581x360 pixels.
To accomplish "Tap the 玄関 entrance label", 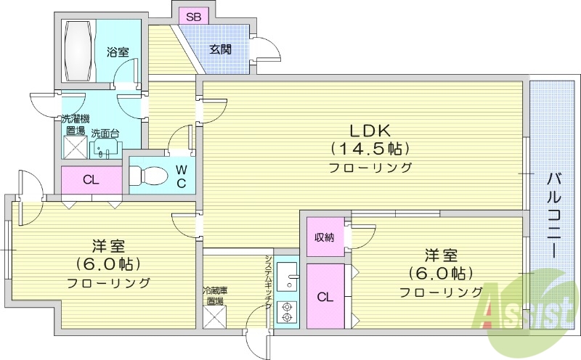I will point(221,50).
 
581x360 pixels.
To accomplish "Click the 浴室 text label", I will point(118,52).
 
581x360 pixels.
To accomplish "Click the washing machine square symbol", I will point(76,148).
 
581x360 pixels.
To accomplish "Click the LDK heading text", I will point(370,131).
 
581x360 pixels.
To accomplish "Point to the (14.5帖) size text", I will point(370,149).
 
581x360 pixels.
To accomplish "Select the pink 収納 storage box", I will point(324,237).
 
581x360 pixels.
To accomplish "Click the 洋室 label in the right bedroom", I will point(442,255).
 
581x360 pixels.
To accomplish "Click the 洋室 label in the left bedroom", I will point(108,245).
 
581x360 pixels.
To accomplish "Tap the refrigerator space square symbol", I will point(215,317).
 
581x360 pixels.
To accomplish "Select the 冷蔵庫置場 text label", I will point(215,295).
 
